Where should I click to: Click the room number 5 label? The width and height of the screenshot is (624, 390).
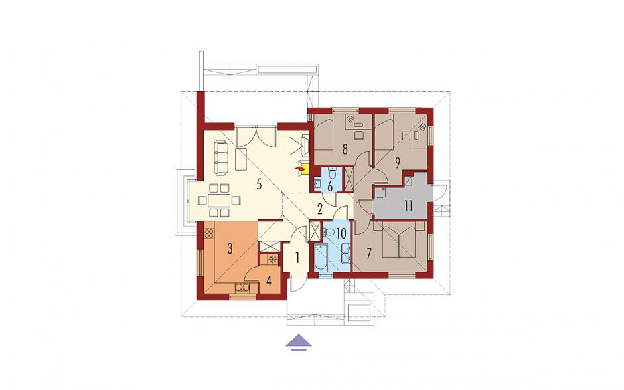[x=259, y=185]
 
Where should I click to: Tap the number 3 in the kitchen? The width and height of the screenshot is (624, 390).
[x=230, y=248]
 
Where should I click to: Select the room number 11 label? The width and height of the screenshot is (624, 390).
[x=408, y=206]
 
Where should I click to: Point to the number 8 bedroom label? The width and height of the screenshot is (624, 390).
[x=345, y=149]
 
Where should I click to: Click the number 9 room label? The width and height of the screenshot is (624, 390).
[x=397, y=162]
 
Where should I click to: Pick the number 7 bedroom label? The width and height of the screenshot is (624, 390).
[x=369, y=254]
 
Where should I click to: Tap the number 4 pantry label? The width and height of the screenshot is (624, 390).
[x=269, y=282]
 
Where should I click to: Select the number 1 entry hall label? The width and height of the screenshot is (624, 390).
[x=297, y=258]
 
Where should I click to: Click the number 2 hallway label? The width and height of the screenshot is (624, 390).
[x=319, y=208]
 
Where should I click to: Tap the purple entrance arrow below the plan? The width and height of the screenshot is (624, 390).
[x=299, y=343]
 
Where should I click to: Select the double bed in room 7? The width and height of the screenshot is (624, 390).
[x=399, y=239]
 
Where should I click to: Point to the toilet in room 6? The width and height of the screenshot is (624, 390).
[x=333, y=173]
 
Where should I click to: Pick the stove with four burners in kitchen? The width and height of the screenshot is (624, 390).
[x=209, y=233]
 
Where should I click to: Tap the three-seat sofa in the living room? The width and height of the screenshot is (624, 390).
[x=221, y=157]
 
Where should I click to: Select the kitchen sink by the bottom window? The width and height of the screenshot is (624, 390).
[x=242, y=287]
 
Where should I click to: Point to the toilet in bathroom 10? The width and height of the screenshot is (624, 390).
[x=329, y=231]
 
